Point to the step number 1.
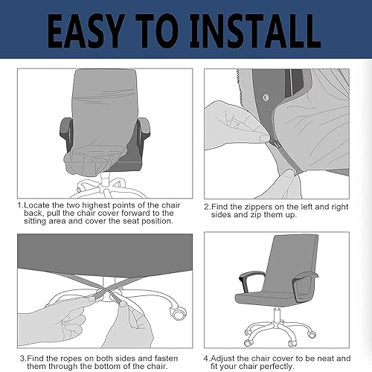click(20, 204)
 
